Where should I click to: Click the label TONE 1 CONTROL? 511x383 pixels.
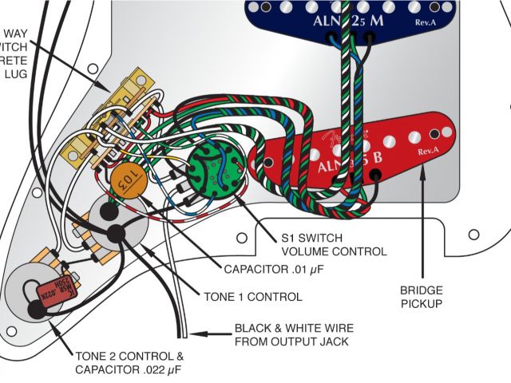point(252,297)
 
